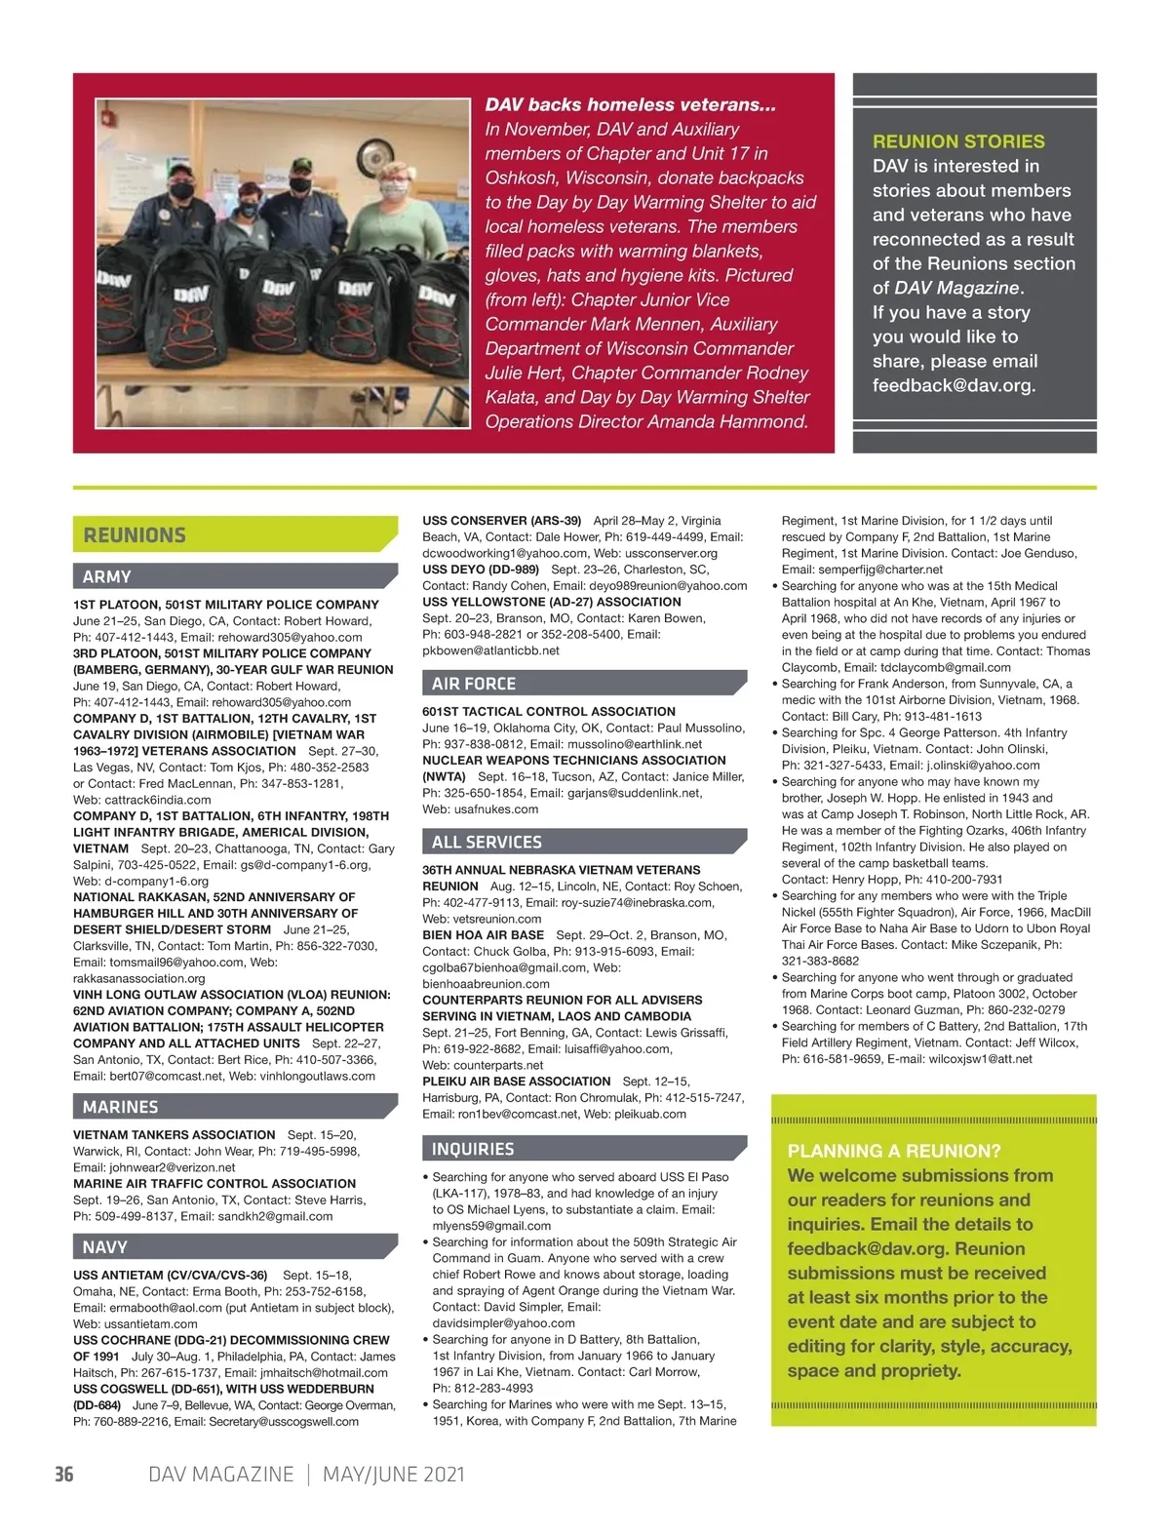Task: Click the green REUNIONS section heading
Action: [x=135, y=535]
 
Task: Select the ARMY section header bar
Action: [x=107, y=576]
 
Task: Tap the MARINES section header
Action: [x=120, y=1107]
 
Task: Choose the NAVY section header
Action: [x=105, y=1247]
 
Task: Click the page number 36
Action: [x=64, y=1474]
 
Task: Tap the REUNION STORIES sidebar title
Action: [x=958, y=141]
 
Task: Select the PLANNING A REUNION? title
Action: [x=894, y=1151]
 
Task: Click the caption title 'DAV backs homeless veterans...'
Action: [x=630, y=105]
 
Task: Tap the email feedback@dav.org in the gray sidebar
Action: [x=953, y=385]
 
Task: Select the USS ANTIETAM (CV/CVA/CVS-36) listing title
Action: [x=171, y=1275]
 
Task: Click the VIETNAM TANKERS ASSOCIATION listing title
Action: [x=175, y=1134]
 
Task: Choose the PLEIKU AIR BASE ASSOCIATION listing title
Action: [x=516, y=1082]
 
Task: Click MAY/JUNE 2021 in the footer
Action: [x=394, y=1474]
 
